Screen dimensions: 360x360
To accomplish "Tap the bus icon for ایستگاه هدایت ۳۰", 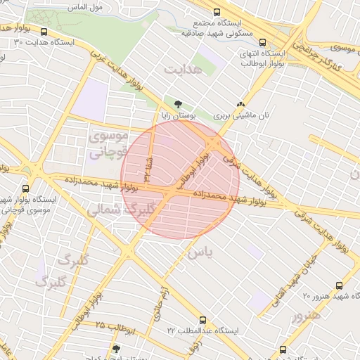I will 45,32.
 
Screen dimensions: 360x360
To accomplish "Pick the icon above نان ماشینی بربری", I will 242,103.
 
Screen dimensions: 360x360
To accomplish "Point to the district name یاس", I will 200,251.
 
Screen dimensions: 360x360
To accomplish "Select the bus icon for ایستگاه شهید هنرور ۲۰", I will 339,285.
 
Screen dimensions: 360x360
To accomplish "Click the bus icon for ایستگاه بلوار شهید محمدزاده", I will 26,188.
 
